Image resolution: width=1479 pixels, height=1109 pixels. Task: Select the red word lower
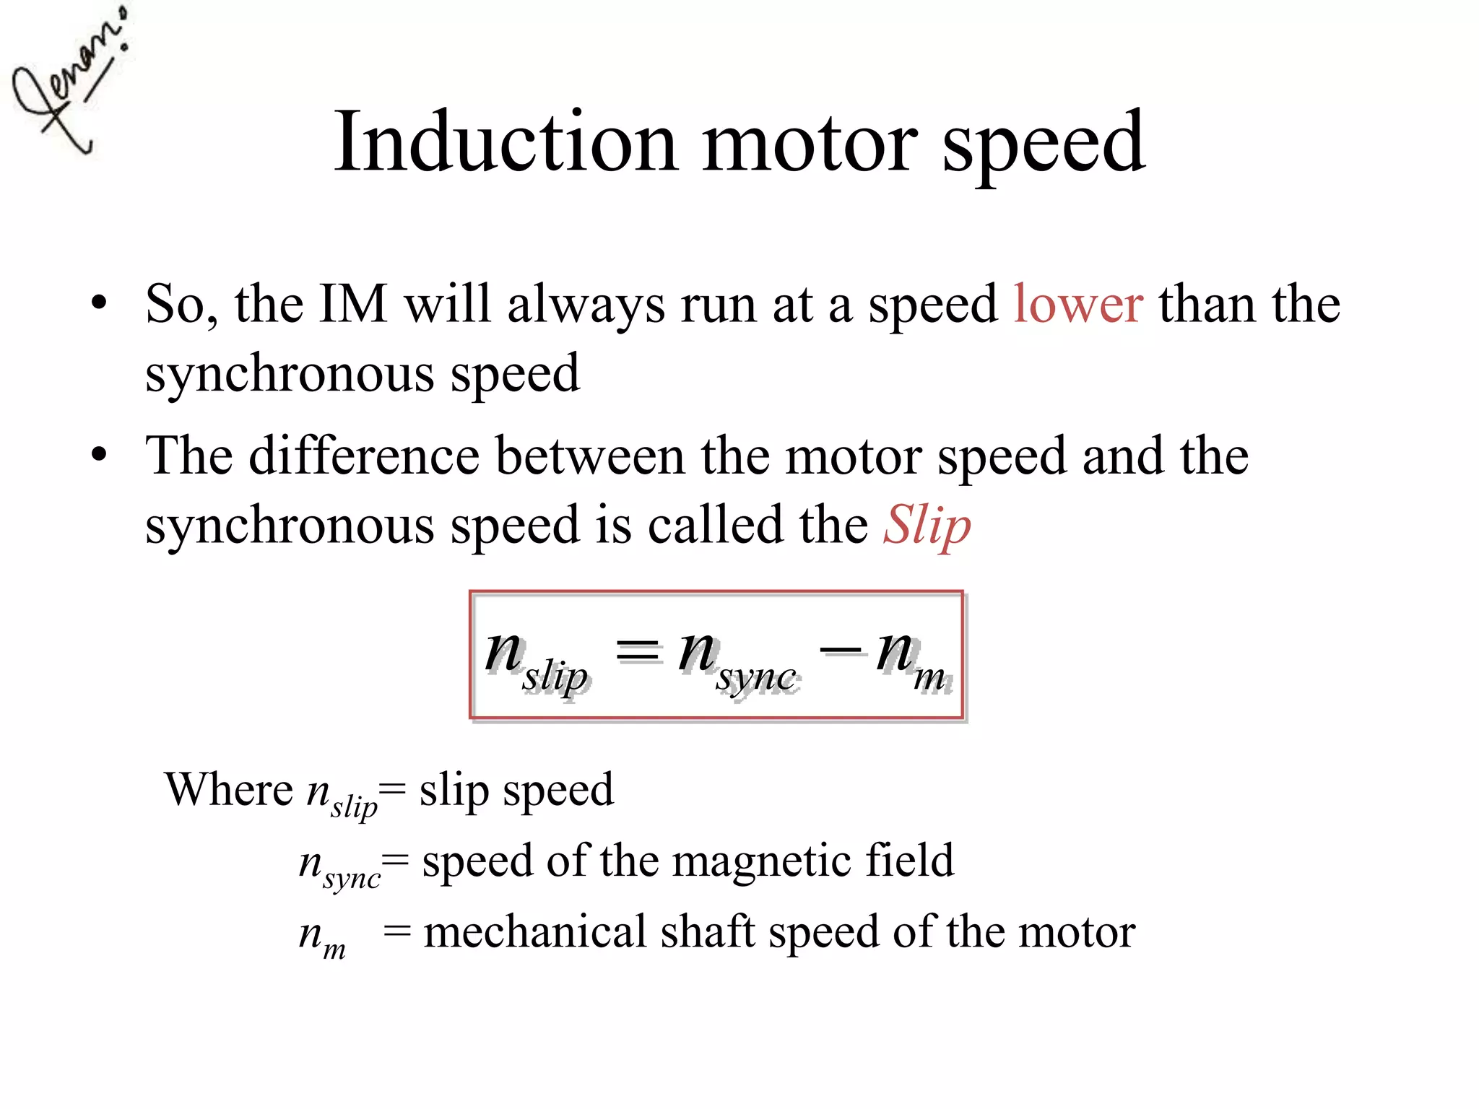[x=1077, y=304]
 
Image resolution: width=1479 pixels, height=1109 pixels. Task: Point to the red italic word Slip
[x=927, y=526]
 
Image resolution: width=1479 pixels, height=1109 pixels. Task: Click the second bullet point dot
[x=100, y=455]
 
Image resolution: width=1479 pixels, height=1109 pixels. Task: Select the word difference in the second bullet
[x=364, y=456]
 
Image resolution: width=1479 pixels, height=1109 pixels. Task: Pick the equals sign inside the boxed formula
[x=637, y=651]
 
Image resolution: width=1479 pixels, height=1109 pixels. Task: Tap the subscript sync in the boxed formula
[x=756, y=678]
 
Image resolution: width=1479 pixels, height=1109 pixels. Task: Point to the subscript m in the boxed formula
[x=929, y=677]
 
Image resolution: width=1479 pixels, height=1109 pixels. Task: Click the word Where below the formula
[x=229, y=789]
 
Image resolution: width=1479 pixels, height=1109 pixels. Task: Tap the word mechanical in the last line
[x=534, y=931]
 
